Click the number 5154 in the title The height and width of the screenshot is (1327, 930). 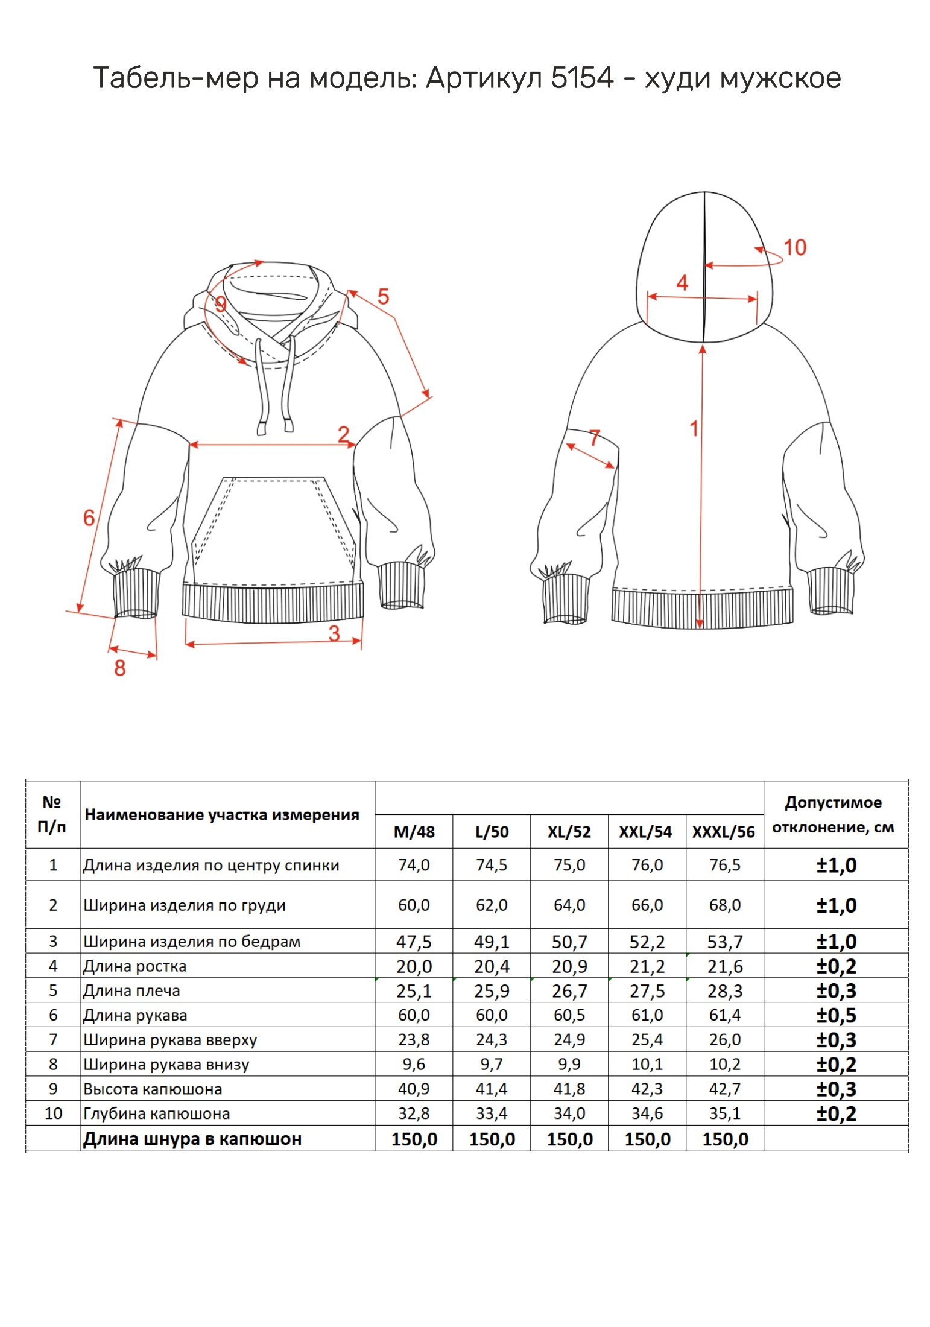tap(581, 78)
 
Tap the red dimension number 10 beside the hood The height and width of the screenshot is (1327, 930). tap(794, 247)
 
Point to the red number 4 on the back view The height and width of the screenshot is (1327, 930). tap(682, 282)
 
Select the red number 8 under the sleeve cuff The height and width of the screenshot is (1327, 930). tap(120, 668)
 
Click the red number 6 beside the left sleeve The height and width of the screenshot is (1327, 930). tap(89, 517)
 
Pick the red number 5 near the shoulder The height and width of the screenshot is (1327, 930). tap(383, 296)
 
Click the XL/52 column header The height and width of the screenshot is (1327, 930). tap(569, 832)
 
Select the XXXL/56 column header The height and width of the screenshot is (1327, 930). tap(723, 832)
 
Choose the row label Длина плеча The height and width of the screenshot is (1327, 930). tap(131, 990)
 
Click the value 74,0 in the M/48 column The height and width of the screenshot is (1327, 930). tap(414, 865)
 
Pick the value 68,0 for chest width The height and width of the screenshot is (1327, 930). tap(724, 905)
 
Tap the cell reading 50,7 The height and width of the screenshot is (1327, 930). tap(569, 942)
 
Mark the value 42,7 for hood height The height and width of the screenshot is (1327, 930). tap(724, 1089)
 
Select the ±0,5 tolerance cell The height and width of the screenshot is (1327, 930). tap(836, 1015)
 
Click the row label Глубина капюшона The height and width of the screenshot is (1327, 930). tap(156, 1113)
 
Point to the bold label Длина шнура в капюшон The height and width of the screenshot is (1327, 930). tap(192, 1139)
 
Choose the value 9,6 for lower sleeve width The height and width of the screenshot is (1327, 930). tap(414, 1064)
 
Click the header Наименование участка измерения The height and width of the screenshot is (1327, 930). tap(222, 815)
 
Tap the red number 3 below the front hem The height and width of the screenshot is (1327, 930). tap(334, 633)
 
